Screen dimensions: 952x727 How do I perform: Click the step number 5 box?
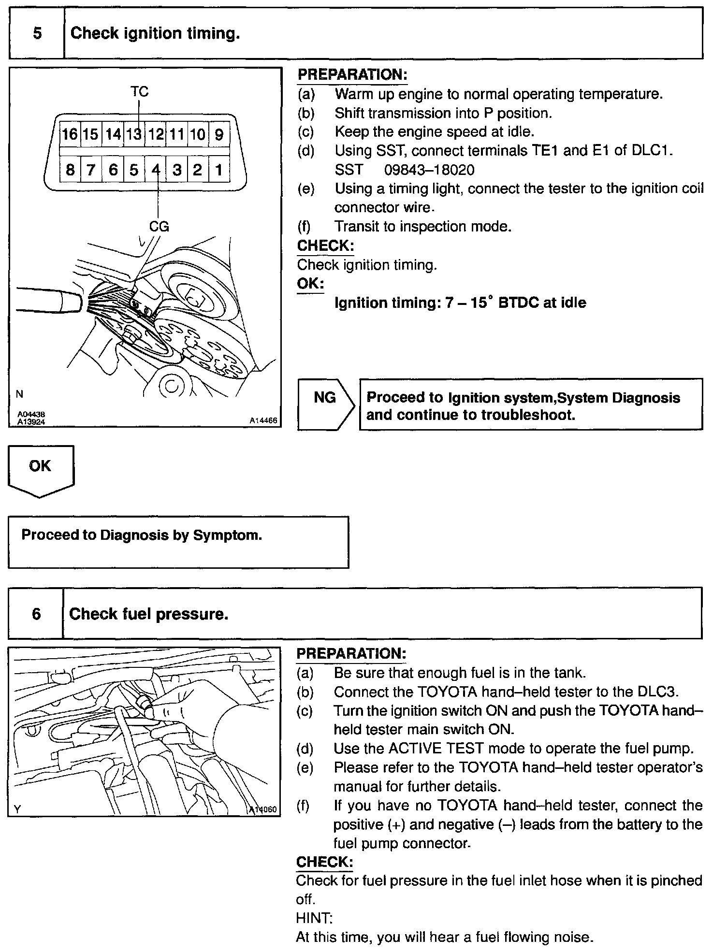pos(37,33)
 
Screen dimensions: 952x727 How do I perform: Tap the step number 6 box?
pos(36,614)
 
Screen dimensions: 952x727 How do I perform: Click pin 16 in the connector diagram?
pos(70,134)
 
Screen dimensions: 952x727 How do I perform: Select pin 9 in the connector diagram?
pos(219,134)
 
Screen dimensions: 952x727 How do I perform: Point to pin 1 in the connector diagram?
pos(219,170)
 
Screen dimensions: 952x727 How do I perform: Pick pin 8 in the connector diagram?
pos(70,170)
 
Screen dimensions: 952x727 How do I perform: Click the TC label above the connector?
pos(139,91)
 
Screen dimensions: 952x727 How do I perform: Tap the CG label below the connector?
pos(159,226)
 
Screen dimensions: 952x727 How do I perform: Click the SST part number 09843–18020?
pos(429,170)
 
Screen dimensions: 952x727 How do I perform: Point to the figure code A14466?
pos(263,421)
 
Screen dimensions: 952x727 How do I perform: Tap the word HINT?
pos(313,918)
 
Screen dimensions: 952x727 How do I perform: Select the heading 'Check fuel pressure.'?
pos(148,614)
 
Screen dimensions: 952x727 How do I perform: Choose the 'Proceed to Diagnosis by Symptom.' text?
pos(142,535)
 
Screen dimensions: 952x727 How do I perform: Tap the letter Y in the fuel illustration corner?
pos(17,809)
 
